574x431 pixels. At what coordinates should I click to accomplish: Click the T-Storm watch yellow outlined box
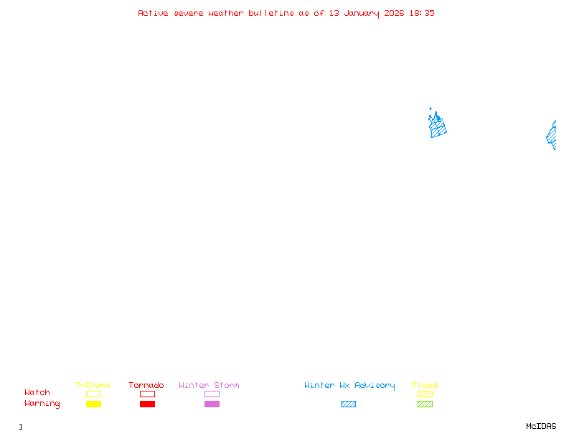tap(93, 394)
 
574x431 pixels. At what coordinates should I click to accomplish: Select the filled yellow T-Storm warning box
tap(93, 404)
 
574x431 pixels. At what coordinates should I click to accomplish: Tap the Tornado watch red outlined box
tap(147, 394)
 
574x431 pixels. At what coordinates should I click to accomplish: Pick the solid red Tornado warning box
tap(147, 404)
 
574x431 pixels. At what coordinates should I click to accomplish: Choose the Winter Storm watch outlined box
tap(212, 394)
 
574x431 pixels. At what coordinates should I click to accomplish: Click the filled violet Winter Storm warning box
tap(212, 404)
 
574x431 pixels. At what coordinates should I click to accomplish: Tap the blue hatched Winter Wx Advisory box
tap(348, 404)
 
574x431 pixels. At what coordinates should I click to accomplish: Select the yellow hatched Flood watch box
tap(425, 394)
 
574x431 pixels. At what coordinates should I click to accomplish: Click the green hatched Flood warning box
tap(425, 404)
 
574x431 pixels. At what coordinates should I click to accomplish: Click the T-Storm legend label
tap(93, 385)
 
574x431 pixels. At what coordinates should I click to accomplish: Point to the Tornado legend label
tap(146, 385)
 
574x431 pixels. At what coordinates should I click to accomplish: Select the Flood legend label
tap(425, 385)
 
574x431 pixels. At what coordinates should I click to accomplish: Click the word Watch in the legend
tap(37, 393)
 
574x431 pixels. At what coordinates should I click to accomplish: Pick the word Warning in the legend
tap(42, 404)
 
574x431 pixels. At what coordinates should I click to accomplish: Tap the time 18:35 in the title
tap(422, 13)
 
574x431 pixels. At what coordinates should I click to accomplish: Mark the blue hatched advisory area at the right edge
tap(552, 136)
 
